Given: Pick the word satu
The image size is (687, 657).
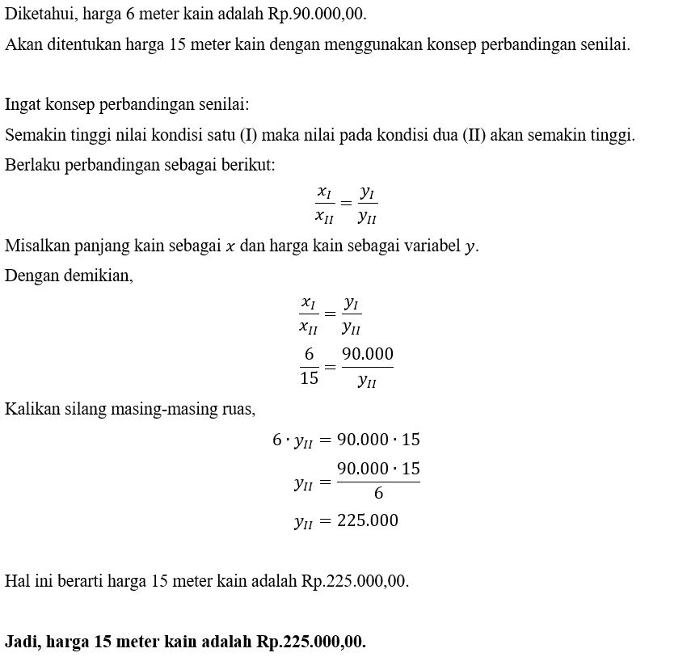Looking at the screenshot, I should tap(214, 135).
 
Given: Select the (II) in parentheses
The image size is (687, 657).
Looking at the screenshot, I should tap(474, 135).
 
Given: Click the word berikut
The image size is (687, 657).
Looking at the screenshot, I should tap(246, 165).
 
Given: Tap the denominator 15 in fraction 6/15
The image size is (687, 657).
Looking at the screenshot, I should tap(309, 377).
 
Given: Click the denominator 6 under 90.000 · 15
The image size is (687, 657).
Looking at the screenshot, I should tap(378, 493).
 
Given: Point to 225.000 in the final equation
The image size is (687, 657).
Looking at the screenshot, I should tap(368, 520).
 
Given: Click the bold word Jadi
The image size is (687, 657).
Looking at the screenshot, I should tap(23, 642).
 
